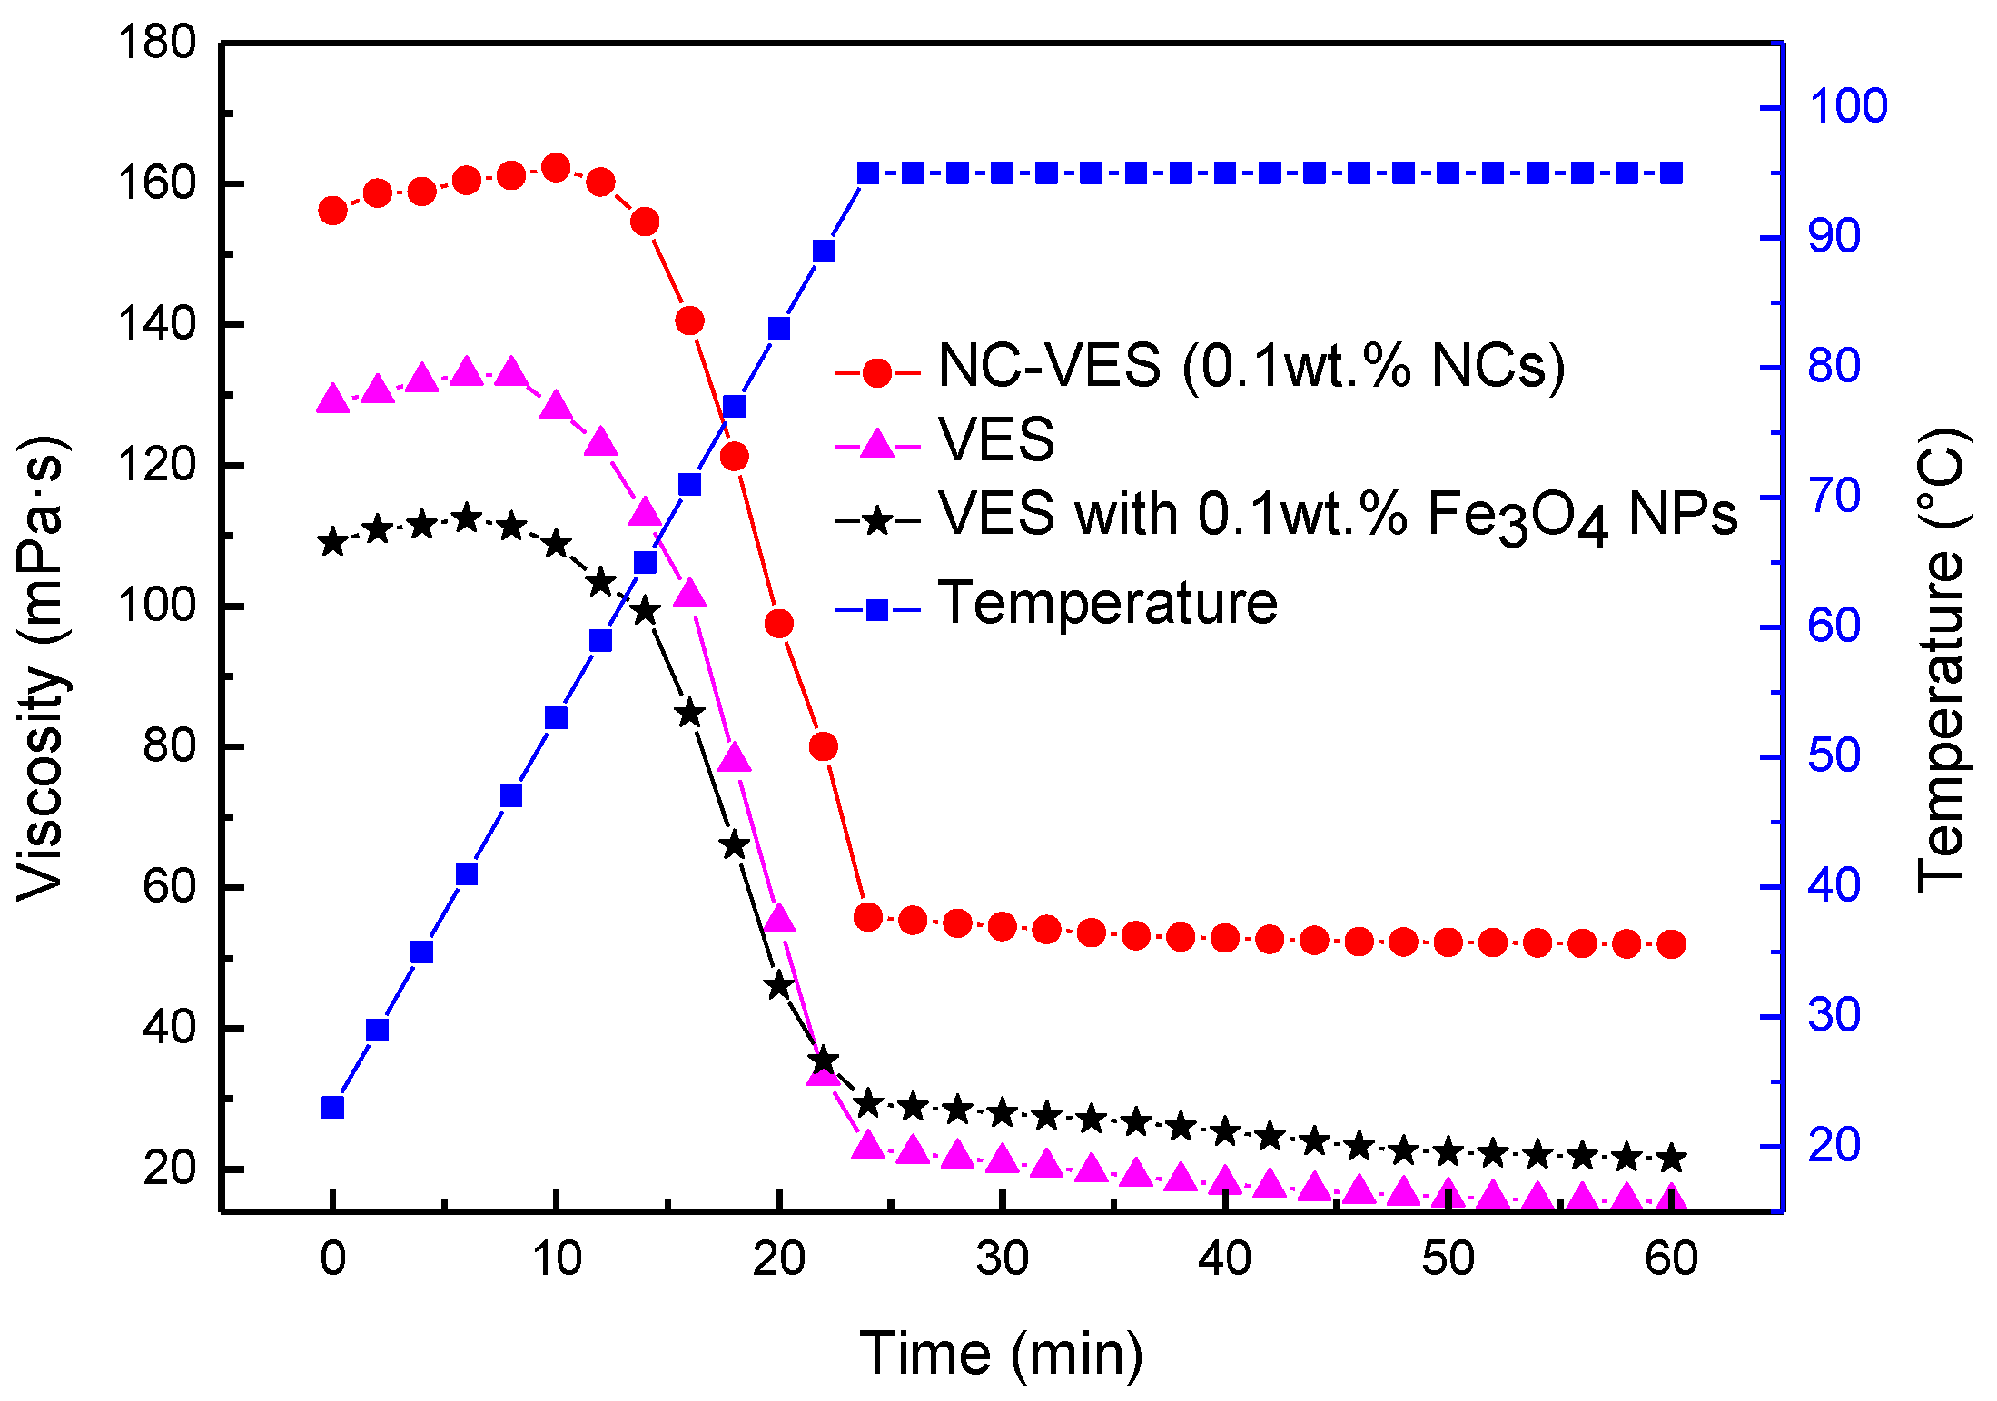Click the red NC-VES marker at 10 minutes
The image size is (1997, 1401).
[556, 168]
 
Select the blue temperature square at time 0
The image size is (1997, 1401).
[333, 1108]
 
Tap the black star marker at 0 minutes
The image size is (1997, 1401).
[333, 542]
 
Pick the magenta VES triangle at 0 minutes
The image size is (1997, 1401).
[333, 400]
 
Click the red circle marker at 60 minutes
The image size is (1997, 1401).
[1671, 944]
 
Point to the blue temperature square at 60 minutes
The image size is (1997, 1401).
[1671, 173]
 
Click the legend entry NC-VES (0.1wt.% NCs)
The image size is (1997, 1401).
[1251, 367]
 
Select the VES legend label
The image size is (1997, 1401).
[996, 440]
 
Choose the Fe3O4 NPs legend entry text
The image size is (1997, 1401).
[1337, 516]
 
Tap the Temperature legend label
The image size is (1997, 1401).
[1107, 603]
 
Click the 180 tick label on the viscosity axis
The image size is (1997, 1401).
[157, 43]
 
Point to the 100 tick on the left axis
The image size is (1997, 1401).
[157, 606]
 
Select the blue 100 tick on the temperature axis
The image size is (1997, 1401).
[1848, 107]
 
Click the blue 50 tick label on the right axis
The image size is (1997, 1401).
[1834, 756]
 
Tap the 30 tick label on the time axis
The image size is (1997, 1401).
[1002, 1258]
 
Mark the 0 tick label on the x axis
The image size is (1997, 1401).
[333, 1258]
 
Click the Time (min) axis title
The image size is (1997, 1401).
[1001, 1354]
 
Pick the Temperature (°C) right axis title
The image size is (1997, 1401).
[1943, 658]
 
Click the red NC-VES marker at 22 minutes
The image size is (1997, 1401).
[824, 746]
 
